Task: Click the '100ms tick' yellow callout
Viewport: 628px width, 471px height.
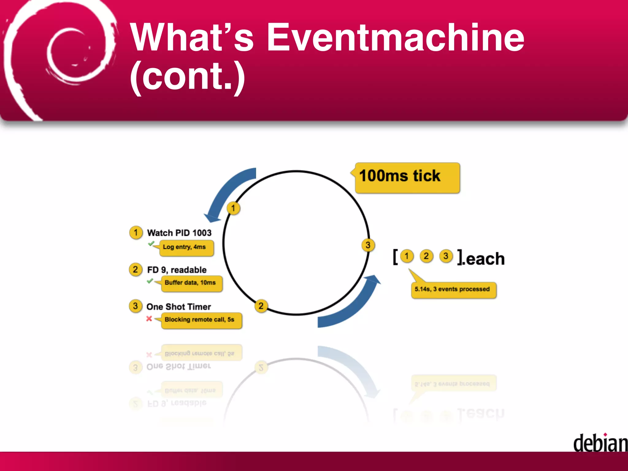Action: coord(407,178)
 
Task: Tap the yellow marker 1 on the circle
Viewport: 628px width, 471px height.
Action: coord(233,209)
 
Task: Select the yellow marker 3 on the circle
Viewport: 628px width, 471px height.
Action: coord(368,245)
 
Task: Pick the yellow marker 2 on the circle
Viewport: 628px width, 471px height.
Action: coord(261,306)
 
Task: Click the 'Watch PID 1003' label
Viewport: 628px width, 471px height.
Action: coord(179,233)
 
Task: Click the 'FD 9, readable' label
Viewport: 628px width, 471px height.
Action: coord(177,270)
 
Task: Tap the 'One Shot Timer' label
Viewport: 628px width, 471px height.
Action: coord(179,307)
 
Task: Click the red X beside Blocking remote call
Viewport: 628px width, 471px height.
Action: coord(149,319)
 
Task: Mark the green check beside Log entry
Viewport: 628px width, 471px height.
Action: coord(151,244)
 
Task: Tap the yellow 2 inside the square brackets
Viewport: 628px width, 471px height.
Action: coord(426,256)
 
